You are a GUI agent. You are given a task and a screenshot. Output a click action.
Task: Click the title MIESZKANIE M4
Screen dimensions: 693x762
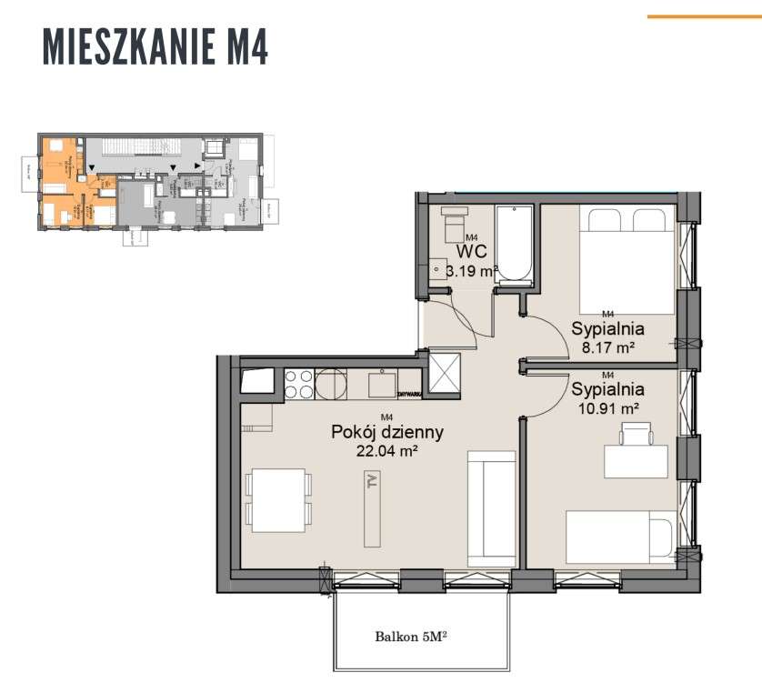[x=155, y=46]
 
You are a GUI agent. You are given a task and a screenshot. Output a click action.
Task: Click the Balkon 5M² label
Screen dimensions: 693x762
[x=412, y=637]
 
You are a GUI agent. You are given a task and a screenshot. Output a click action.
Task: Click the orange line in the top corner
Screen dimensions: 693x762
[x=703, y=16]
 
